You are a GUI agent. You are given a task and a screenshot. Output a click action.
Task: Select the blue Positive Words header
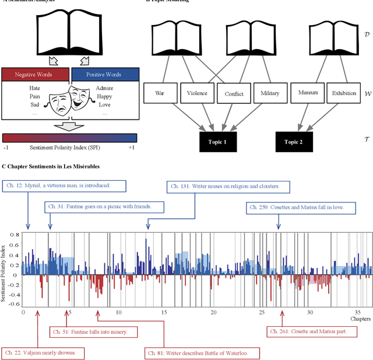(x=103, y=74)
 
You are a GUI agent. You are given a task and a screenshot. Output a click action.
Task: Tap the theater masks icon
(x=70, y=96)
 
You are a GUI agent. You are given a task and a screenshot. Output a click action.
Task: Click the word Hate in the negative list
(x=35, y=88)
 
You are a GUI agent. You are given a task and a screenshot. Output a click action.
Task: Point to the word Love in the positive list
(x=104, y=104)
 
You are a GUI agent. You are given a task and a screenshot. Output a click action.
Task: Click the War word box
(x=160, y=93)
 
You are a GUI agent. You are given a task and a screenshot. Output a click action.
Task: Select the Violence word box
(x=197, y=93)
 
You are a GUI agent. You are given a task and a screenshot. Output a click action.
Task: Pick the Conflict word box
(x=234, y=93)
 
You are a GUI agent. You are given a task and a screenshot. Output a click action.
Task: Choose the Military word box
(x=270, y=93)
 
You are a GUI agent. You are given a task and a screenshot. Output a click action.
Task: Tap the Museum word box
(x=307, y=93)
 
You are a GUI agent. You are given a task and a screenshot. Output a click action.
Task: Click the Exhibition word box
(x=344, y=93)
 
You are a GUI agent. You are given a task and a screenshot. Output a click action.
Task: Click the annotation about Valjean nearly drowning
(x=44, y=353)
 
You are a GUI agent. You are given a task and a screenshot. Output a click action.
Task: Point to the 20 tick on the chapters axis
(x=212, y=313)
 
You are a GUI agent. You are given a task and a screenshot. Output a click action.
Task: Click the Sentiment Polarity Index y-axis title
(x=5, y=269)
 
